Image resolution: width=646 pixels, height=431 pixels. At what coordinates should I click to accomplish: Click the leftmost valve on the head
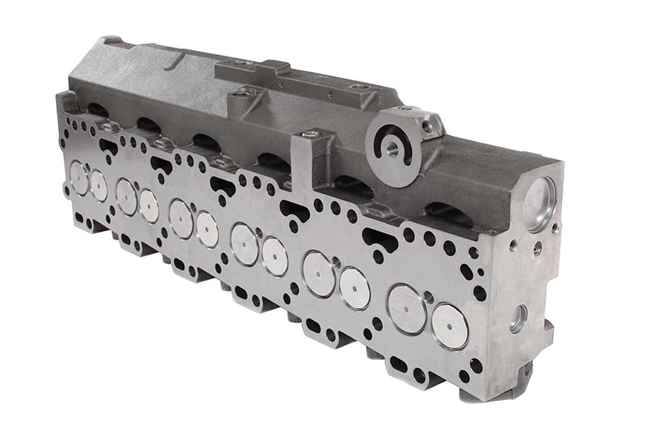78,178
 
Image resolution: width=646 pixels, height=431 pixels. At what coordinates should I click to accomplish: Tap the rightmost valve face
450,326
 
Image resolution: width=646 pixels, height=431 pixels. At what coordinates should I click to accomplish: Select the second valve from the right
406,308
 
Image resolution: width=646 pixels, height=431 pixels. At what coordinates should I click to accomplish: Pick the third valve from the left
126,196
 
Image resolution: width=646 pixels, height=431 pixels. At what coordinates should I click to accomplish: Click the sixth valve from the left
208,229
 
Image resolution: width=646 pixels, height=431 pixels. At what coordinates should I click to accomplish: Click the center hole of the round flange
392,148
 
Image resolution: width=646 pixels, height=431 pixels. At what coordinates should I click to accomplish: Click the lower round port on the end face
518,318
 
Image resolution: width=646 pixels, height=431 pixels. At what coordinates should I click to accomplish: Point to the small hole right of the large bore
556,229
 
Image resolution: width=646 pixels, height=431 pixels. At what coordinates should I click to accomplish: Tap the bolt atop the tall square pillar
308,134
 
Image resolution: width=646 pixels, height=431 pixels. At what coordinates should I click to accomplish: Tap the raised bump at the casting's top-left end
111,40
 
